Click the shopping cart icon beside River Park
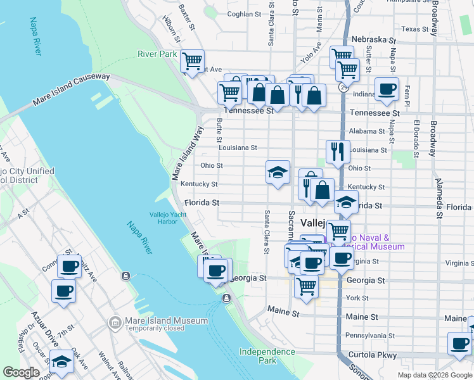[x=192, y=62]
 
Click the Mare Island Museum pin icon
[x=115, y=322]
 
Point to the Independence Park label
[x=267, y=356]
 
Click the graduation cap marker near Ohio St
[x=278, y=173]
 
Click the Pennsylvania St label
[x=369, y=336]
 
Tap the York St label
[x=357, y=298]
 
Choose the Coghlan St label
[x=243, y=14]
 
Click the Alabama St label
[x=367, y=131]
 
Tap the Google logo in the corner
[x=21, y=372]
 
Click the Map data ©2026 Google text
[x=434, y=375]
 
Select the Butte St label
[x=219, y=130]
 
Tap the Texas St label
[x=415, y=29]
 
